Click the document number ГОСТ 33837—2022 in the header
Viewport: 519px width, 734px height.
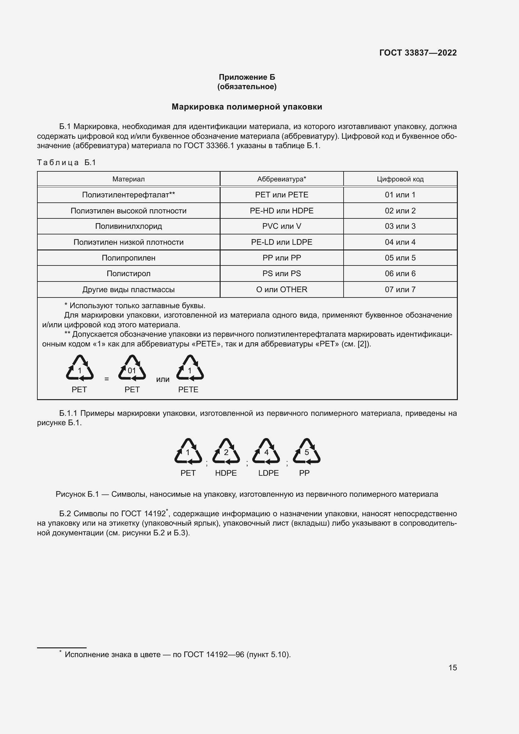tap(418, 53)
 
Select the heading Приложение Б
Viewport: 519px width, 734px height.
tap(247, 77)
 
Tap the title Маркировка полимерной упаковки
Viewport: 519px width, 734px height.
tap(247, 107)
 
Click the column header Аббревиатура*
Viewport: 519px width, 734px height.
tap(281, 179)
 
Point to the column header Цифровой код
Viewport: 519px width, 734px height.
tap(400, 179)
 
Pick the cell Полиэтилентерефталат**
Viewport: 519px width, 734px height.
tap(128, 195)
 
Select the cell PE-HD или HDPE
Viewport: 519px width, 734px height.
tap(281, 211)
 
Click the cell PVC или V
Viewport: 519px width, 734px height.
tap(281, 226)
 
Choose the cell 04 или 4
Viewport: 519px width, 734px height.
tap(400, 242)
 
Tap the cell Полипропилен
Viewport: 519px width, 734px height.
tap(128, 258)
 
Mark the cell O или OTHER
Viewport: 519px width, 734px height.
tap(281, 289)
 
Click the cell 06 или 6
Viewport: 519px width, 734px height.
tap(400, 273)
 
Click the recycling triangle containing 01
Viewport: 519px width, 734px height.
tap(132, 368)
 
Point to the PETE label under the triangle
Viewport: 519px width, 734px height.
tap(188, 389)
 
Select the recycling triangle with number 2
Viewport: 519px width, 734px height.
tap(226, 451)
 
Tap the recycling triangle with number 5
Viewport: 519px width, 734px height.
tap(307, 451)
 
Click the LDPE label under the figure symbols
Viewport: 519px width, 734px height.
tap(269, 473)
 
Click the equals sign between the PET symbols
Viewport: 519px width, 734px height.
tap(107, 379)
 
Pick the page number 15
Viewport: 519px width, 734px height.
tap(452, 667)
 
